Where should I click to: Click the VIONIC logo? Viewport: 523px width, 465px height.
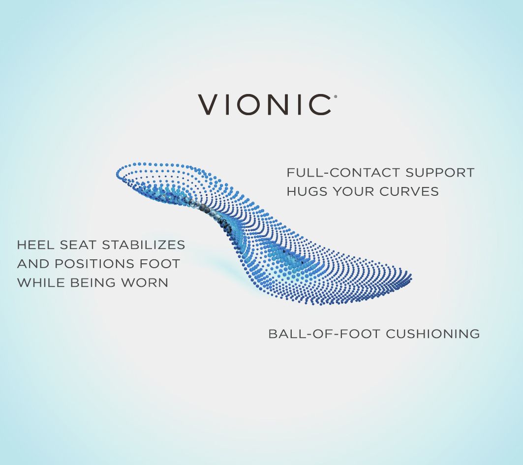pos(265,105)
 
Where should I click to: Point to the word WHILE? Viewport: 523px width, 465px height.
pos(37,282)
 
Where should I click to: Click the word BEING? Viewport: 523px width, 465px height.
pos(90,282)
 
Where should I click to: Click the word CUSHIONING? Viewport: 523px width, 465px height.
pos(433,334)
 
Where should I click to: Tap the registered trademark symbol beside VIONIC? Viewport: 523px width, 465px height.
pos(336,97)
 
